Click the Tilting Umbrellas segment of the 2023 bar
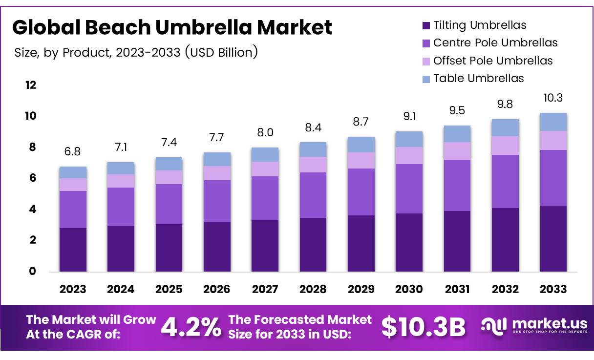(x=73, y=250)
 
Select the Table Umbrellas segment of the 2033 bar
(x=553, y=122)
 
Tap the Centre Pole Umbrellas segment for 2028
(x=313, y=195)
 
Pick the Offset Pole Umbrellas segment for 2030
(x=409, y=155)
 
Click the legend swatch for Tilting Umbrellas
(x=425, y=25)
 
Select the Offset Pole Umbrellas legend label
(x=493, y=61)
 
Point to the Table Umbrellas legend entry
(x=478, y=78)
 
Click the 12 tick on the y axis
(x=31, y=85)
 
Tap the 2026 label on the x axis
(x=217, y=289)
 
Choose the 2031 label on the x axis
(x=457, y=289)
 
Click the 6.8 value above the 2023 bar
(x=73, y=151)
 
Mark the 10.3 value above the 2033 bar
(x=553, y=98)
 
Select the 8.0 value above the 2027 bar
(x=265, y=133)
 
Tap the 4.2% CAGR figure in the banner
(x=191, y=327)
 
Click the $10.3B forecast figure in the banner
(x=423, y=327)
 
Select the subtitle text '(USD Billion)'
(x=221, y=52)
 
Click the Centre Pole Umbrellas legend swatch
(x=425, y=43)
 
